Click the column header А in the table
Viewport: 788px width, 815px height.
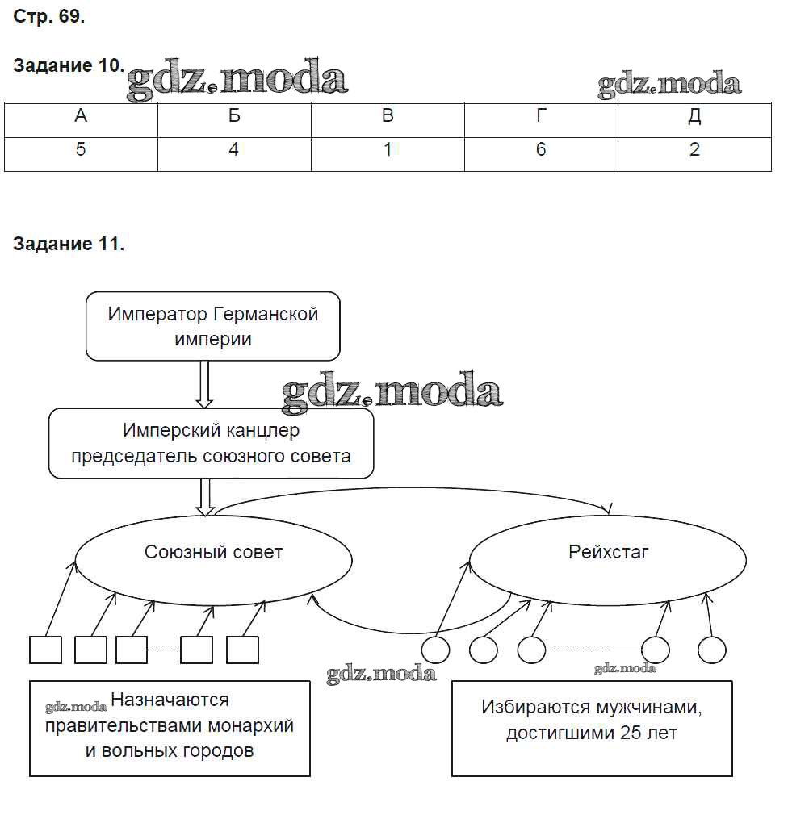(81, 117)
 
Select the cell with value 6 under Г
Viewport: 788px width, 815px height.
(541, 150)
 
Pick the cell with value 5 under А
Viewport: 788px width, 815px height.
(81, 150)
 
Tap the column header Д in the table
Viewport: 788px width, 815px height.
(694, 117)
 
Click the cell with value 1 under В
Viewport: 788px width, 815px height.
(388, 150)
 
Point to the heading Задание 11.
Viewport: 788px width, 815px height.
(69, 245)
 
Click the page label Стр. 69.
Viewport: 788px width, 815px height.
(48, 17)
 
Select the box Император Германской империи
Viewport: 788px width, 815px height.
(213, 326)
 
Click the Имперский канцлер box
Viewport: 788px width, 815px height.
(212, 443)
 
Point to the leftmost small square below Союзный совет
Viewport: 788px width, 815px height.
(45, 650)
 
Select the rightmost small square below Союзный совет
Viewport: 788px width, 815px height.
(242, 650)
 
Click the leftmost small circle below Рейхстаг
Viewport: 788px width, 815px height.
(436, 650)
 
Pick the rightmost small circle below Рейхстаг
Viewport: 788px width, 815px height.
(712, 650)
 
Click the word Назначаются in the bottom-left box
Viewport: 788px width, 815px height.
(170, 700)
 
